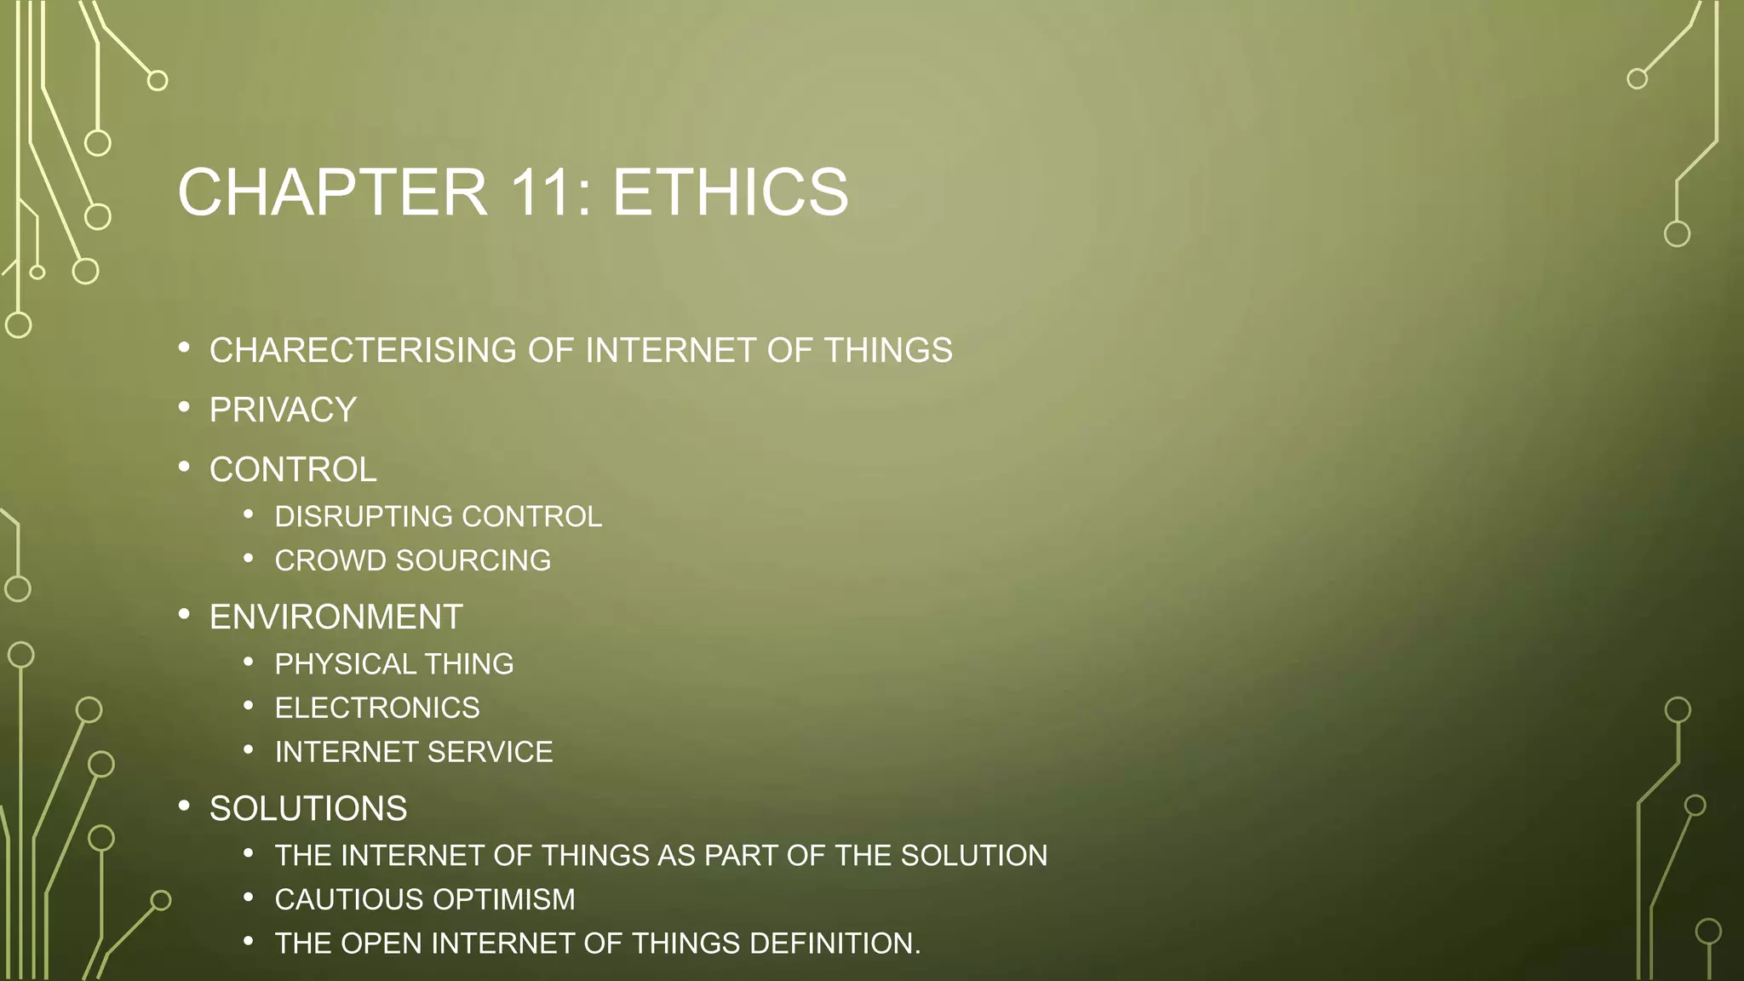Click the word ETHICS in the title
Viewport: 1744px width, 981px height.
tap(730, 192)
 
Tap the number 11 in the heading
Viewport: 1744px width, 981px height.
tap(542, 192)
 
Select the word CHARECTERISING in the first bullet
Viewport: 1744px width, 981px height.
tap(363, 351)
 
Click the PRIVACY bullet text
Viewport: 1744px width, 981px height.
tap(283, 410)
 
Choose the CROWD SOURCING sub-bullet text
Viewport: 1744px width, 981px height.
tap(412, 561)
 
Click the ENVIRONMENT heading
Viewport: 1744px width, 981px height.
tap(336, 617)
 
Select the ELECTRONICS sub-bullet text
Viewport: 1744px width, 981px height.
tap(376, 708)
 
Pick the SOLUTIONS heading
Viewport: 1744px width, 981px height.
tap(308, 809)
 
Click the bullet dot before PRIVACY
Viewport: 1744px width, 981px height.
tap(184, 408)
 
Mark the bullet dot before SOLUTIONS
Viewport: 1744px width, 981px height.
tap(184, 806)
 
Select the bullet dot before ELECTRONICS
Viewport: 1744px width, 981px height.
tap(249, 706)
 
